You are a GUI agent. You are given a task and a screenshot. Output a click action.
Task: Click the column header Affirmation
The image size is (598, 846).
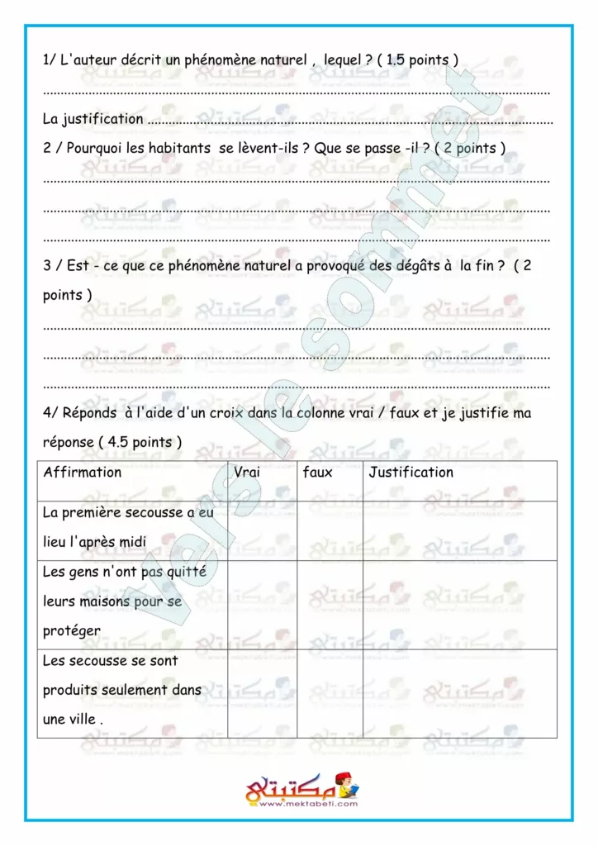click(x=82, y=473)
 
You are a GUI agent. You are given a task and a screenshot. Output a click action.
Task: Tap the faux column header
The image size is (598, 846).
click(x=318, y=473)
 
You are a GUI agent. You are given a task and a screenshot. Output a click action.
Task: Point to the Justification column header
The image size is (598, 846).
click(x=411, y=473)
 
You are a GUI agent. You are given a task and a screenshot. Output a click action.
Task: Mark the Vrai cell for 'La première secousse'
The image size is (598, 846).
click(x=261, y=530)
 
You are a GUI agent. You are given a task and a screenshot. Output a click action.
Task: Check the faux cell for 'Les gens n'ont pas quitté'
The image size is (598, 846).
click(x=329, y=605)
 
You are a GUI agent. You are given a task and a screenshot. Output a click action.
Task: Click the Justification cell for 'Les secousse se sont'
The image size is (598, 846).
click(x=459, y=693)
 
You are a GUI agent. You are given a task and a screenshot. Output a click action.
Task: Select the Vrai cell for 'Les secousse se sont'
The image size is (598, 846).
click(x=261, y=693)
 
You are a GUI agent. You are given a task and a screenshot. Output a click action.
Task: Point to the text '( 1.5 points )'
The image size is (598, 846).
click(x=417, y=60)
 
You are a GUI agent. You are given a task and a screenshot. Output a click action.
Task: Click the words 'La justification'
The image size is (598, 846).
click(x=93, y=119)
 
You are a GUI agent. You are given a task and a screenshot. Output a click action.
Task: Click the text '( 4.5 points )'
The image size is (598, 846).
click(x=140, y=442)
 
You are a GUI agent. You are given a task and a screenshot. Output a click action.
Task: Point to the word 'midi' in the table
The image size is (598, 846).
click(x=131, y=542)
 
